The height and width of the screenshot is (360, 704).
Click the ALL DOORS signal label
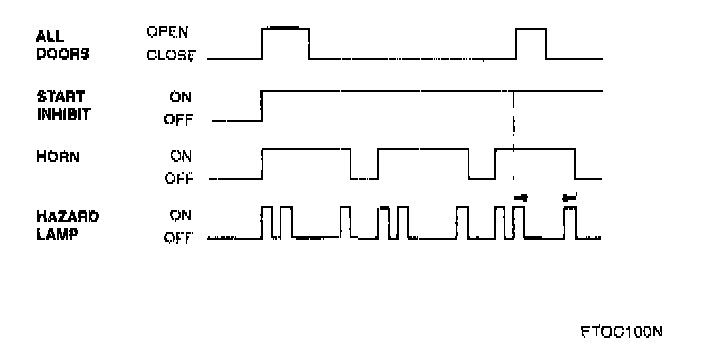pos(62,45)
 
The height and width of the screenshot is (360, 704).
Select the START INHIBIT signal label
pos(63,105)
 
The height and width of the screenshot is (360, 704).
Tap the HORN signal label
pos(58,157)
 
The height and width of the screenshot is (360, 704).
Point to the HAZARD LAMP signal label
pos(67,225)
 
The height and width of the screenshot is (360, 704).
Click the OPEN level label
pos(167,32)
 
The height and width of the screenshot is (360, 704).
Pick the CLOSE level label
pos(171,56)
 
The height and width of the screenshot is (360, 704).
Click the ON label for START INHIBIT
pos(180,97)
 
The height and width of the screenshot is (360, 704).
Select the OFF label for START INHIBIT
pos(178,120)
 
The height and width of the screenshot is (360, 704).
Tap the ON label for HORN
pos(180,156)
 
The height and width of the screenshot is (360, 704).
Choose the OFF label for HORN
pos(179,179)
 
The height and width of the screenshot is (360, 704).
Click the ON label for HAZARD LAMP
pos(180,215)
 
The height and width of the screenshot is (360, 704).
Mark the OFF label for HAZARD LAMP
pos(178,237)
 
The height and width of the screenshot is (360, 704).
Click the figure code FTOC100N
pos(621,332)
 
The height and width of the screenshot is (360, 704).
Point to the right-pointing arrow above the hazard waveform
pos(521,198)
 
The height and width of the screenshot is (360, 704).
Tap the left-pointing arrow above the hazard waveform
pos(569,197)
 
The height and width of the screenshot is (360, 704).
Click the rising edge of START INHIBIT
pos(262,106)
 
